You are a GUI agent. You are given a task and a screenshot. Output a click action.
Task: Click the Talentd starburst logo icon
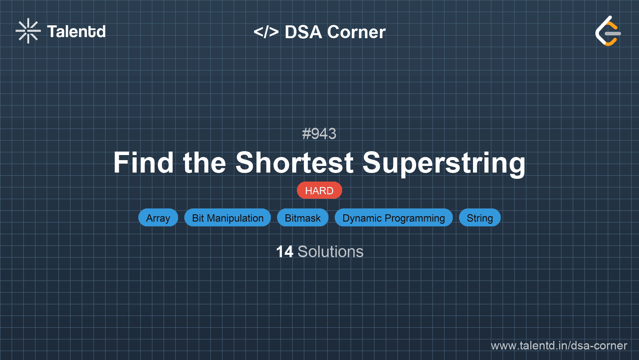tap(28, 31)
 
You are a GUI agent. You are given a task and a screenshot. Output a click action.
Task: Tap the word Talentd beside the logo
tap(76, 32)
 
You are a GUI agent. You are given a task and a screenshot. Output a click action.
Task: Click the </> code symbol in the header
tap(266, 32)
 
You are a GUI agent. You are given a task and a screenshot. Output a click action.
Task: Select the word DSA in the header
tap(303, 32)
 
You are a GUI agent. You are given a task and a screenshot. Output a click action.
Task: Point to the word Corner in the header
tap(356, 32)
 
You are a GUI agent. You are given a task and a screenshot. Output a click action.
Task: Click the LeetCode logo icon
tap(608, 31)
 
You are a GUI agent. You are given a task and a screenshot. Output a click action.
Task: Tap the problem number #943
tap(319, 134)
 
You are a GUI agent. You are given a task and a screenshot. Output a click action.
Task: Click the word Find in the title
tap(143, 162)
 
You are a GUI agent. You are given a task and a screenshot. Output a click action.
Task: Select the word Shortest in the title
tap(295, 162)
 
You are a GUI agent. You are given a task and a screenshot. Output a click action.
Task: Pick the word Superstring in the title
tap(444, 164)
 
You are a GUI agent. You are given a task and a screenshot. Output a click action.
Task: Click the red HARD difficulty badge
tap(319, 190)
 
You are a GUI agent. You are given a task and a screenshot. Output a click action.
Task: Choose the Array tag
tap(158, 218)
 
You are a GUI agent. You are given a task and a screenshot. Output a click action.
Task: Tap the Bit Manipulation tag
tap(228, 218)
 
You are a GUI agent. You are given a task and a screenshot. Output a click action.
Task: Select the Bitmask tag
tap(303, 218)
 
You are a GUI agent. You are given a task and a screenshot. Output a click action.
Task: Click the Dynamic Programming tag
tap(394, 218)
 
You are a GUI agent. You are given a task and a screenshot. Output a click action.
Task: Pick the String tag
tap(480, 218)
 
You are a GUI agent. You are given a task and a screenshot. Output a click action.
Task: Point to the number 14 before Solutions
tap(285, 252)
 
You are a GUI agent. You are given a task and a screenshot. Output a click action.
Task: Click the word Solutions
tap(330, 252)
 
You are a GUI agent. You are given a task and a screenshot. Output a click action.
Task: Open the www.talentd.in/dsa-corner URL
tap(559, 346)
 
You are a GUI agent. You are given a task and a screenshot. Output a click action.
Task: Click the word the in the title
tap(205, 162)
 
